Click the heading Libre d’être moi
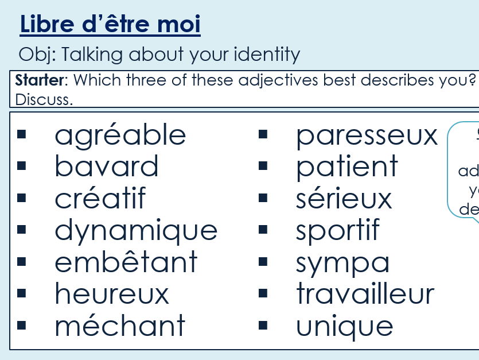110,25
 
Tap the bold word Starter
39,80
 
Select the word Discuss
44,99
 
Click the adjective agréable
120,136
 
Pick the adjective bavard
107,167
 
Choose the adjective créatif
100,199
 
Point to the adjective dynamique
136,231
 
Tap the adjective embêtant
126,262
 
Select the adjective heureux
112,294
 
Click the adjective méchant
120,326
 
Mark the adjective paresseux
367,136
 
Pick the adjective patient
346,167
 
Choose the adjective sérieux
344,199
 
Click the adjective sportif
337,231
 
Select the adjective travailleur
365,294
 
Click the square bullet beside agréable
22,136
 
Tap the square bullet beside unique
263,326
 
